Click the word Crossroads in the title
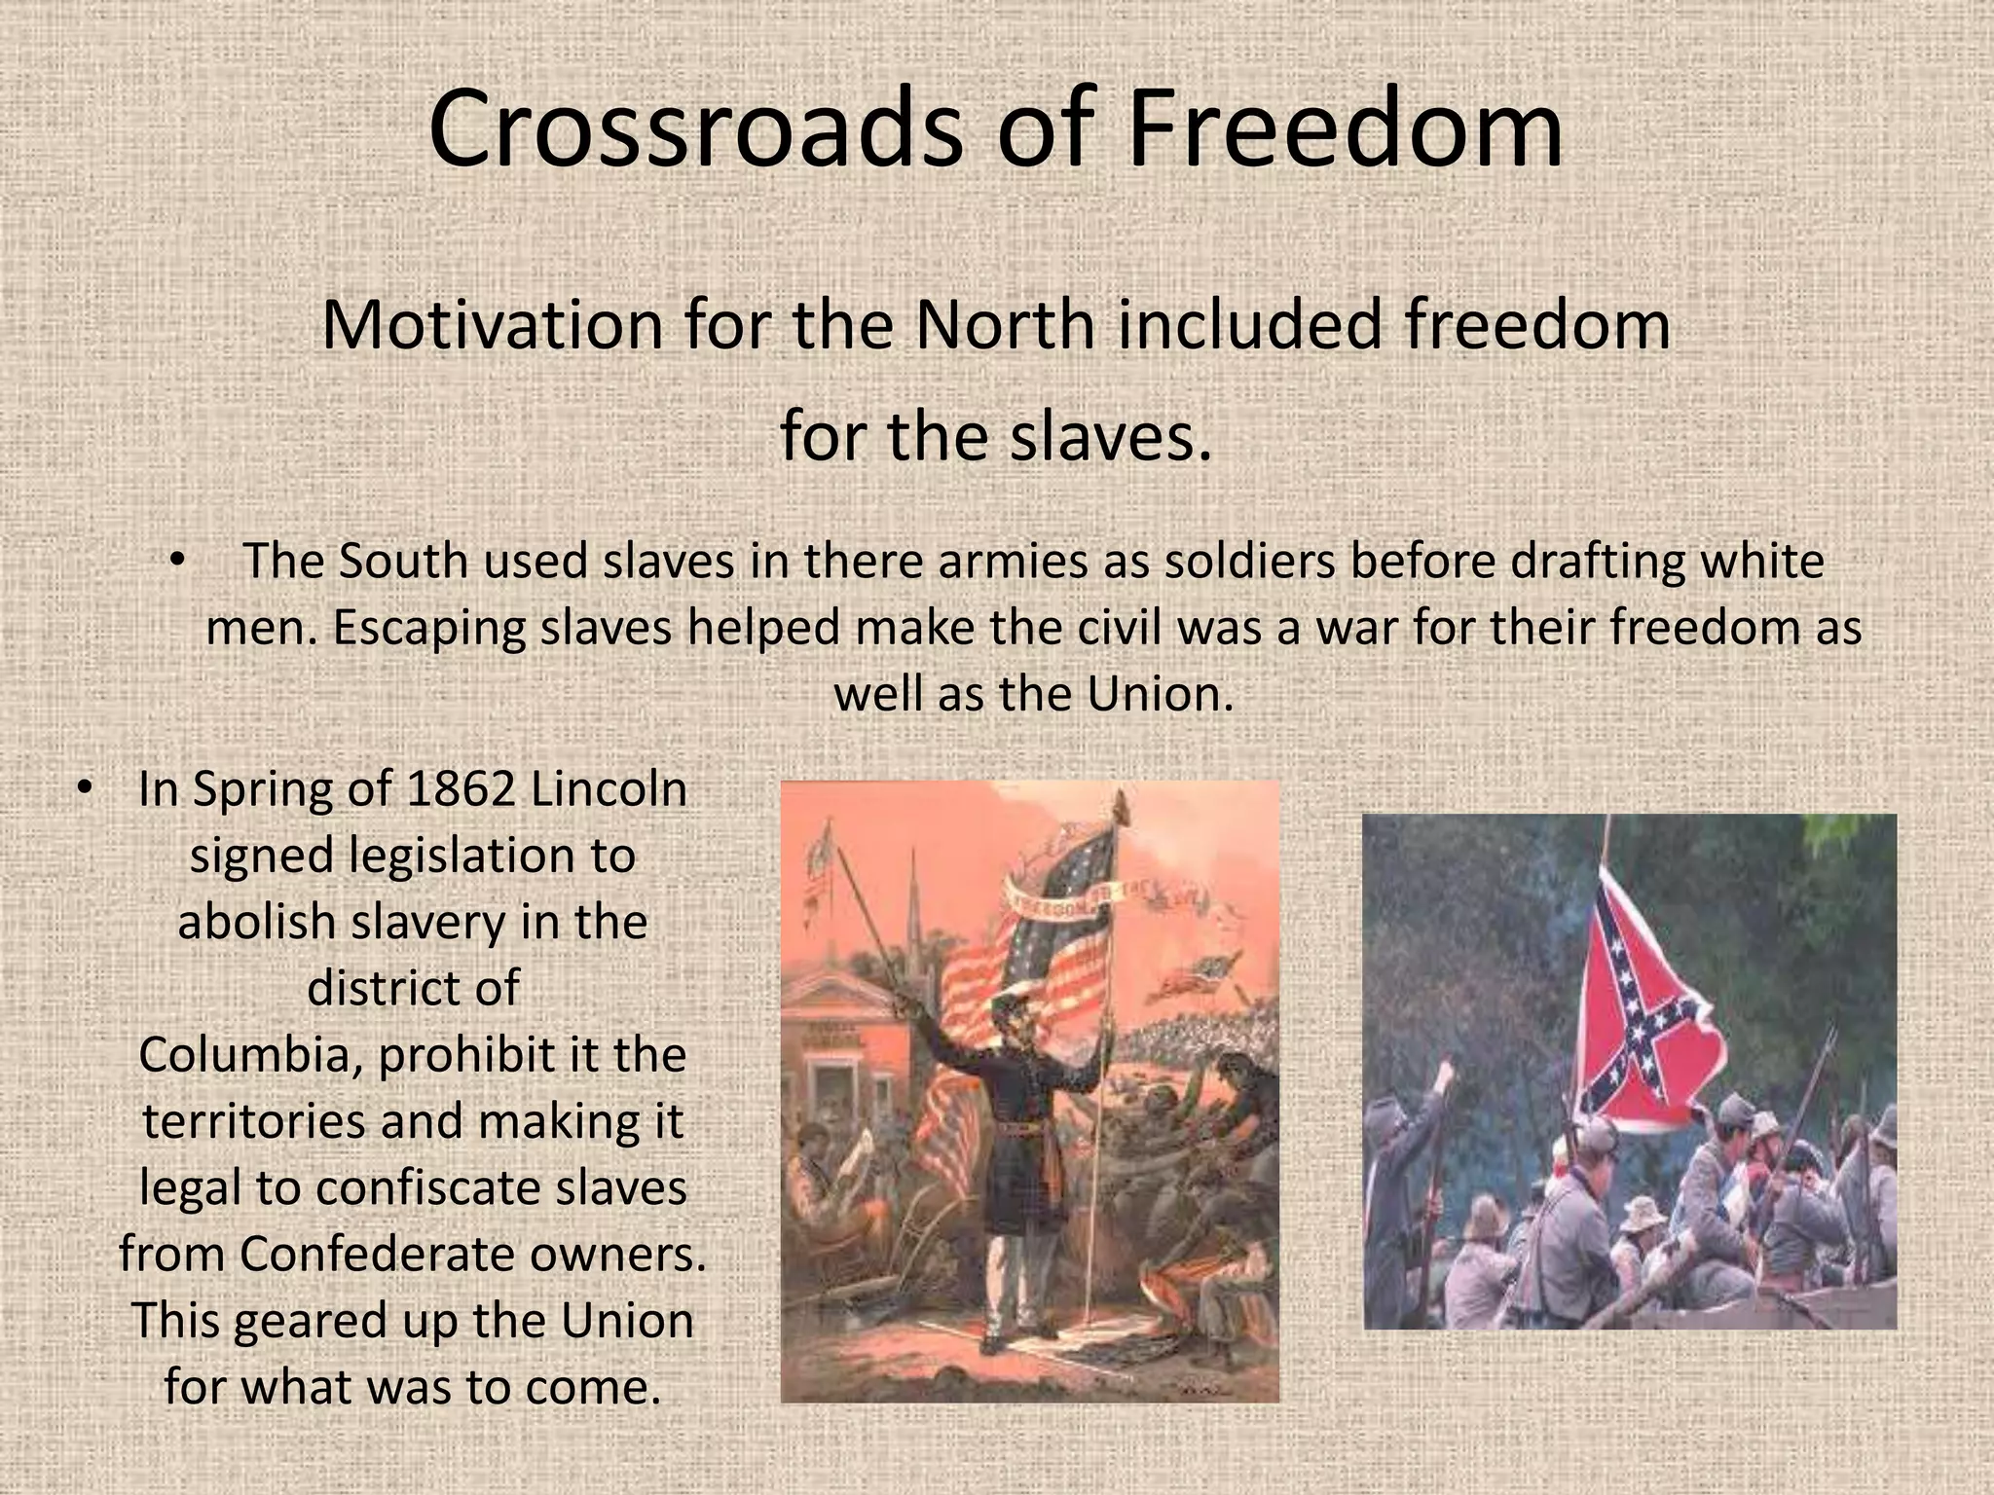click(695, 128)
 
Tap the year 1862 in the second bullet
click(460, 788)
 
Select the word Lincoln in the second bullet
click(609, 788)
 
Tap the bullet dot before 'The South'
click(176, 562)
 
